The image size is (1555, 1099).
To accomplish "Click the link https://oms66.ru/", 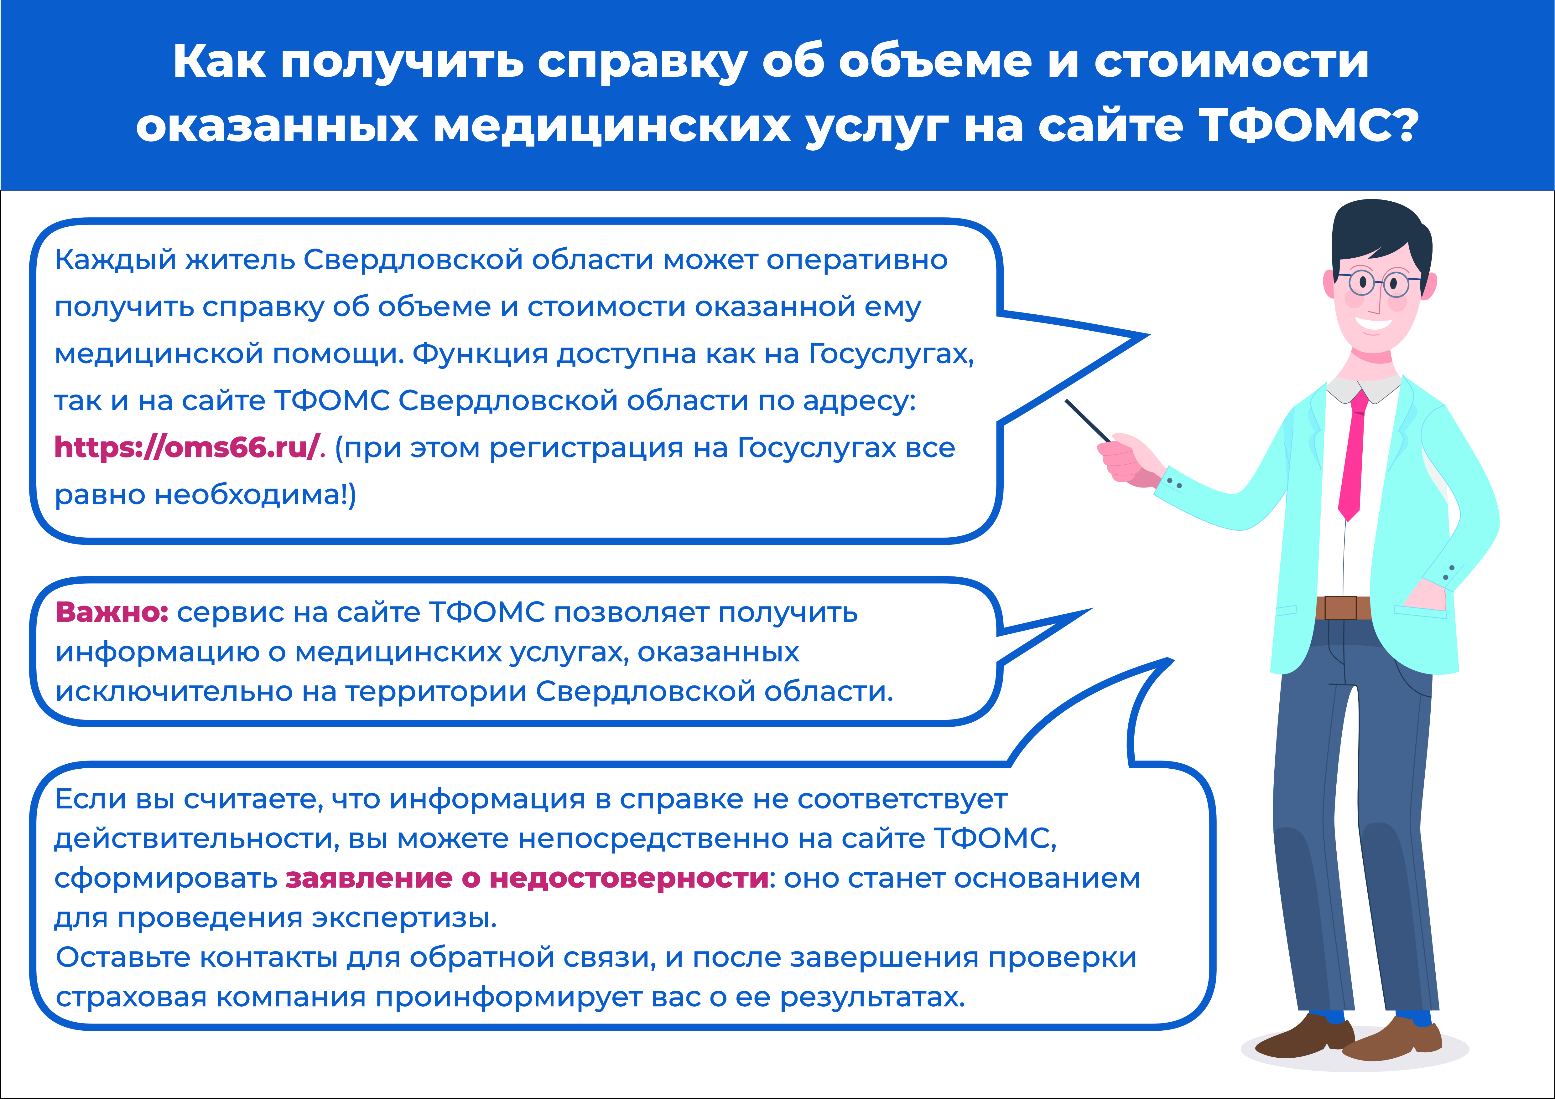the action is pyautogui.click(x=186, y=448).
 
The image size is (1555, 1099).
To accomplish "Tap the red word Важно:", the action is pyautogui.click(x=112, y=612).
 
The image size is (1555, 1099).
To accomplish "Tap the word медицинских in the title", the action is pyautogui.click(x=611, y=126).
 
